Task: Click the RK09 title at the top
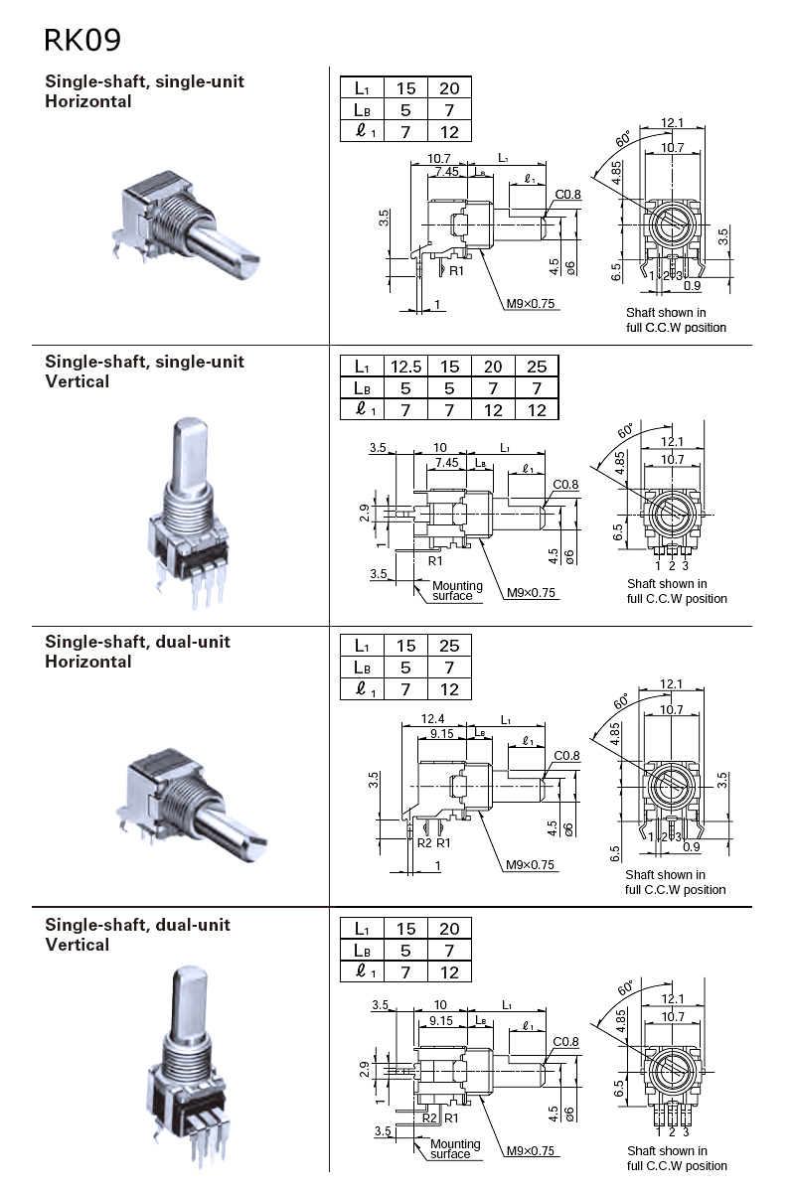[82, 41]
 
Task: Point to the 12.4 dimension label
[432, 719]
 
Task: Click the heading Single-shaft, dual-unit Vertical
[137, 934]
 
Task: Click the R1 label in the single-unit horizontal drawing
[456, 270]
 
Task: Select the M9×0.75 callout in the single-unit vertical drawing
[532, 593]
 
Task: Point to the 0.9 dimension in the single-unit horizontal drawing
[691, 287]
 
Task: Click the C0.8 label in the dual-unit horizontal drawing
[566, 756]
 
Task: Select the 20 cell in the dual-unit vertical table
[449, 929]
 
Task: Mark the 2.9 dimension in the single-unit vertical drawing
[365, 513]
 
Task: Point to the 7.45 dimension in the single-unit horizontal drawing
[446, 171]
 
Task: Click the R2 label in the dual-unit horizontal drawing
[424, 842]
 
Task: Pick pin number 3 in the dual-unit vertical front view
[685, 1131]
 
